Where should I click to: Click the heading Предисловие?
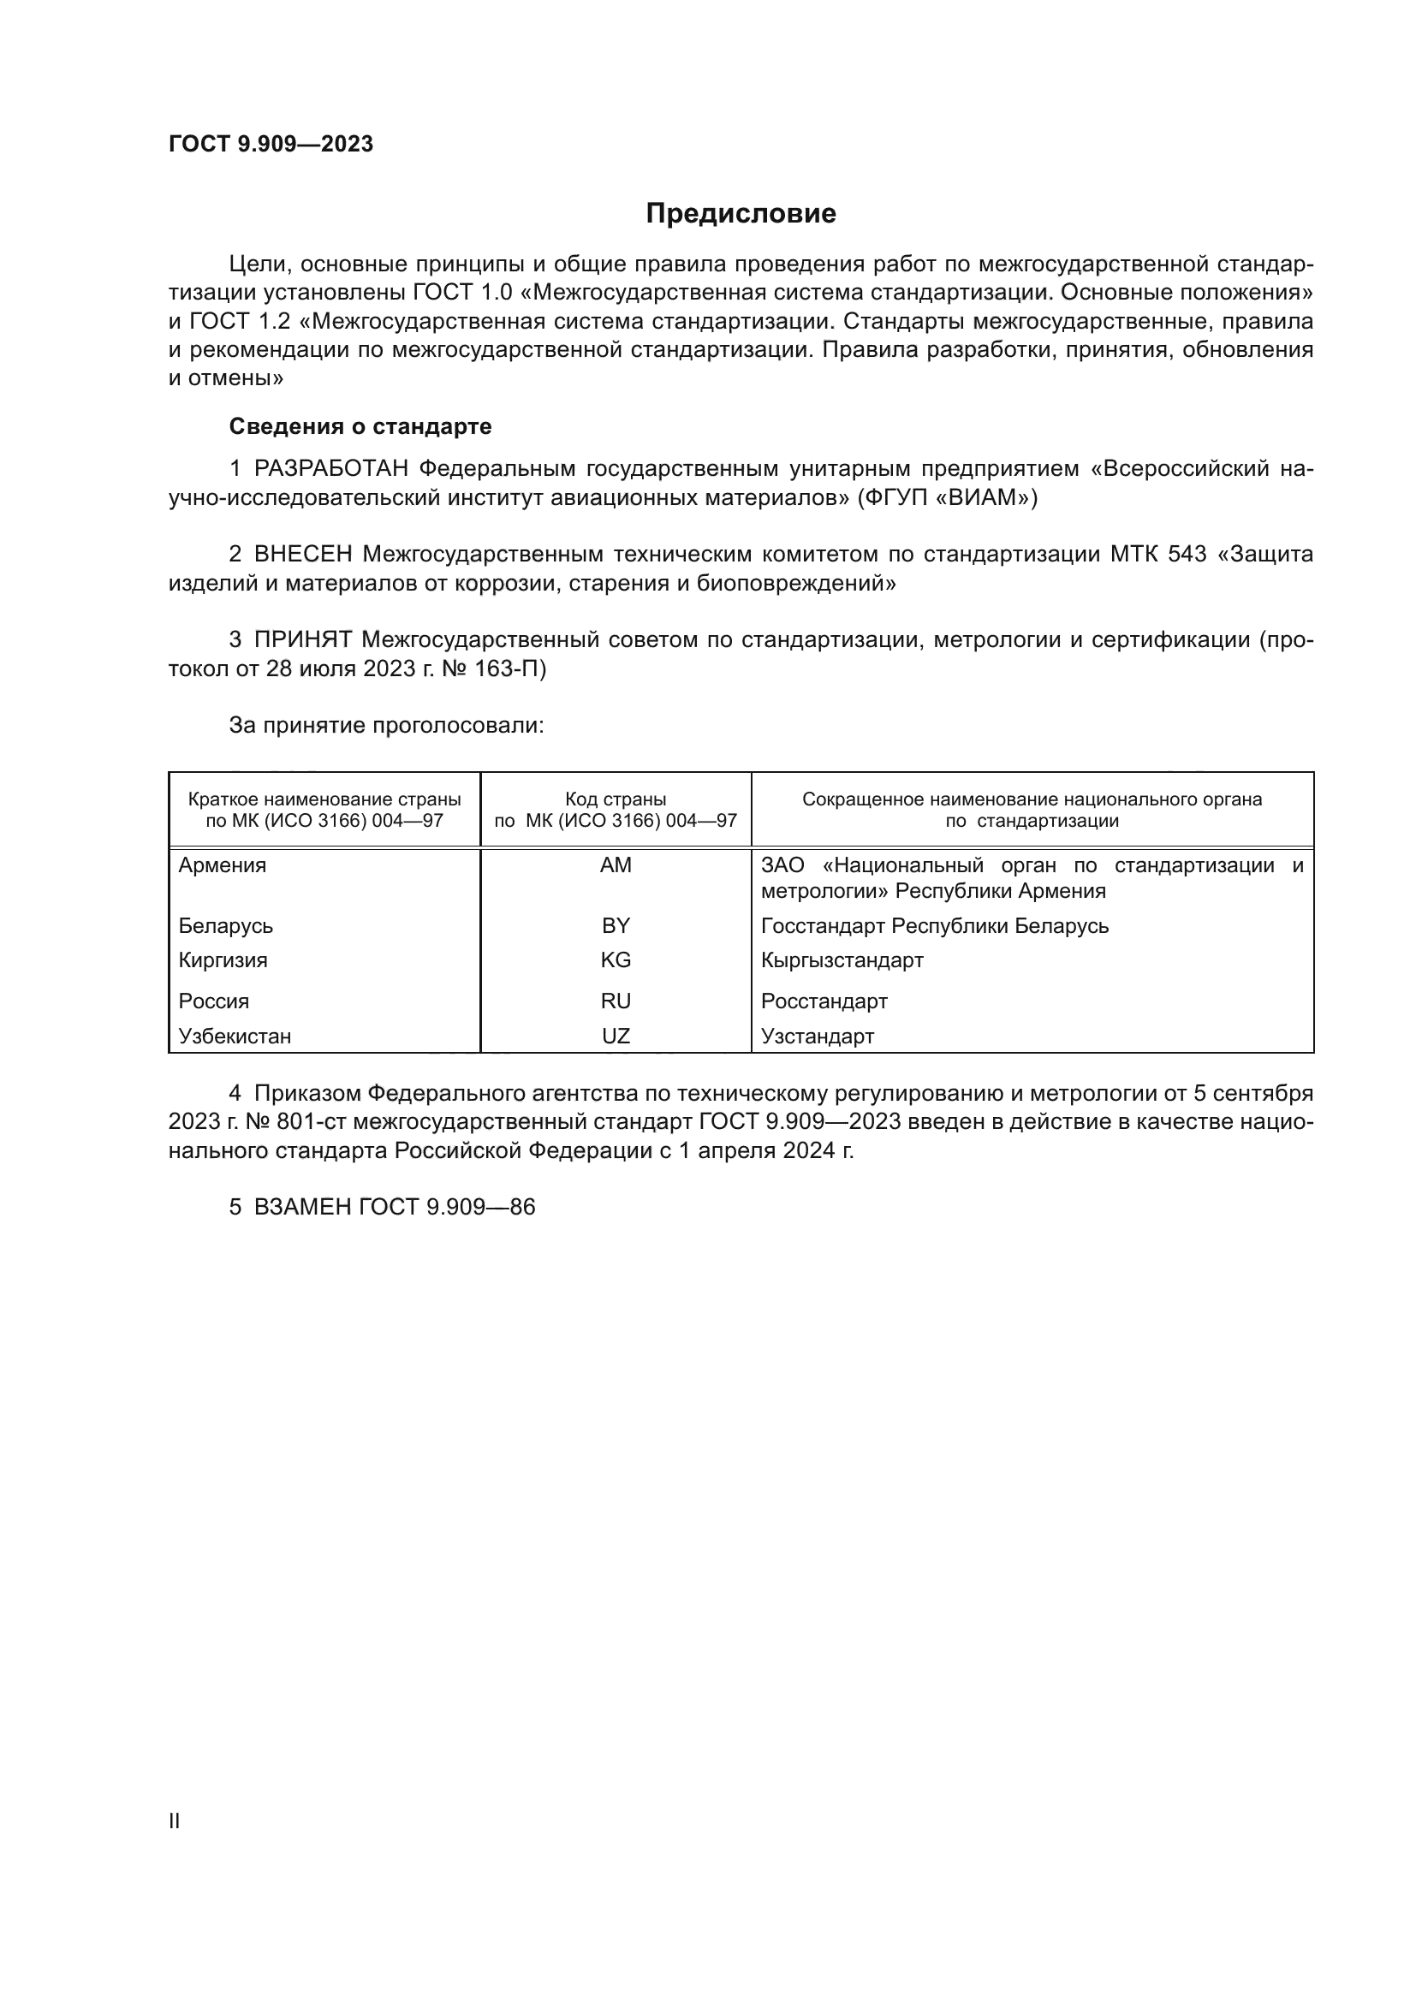741,213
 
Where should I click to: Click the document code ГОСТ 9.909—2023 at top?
271,144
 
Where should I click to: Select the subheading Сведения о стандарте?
360,426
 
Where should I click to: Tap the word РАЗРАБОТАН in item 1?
331,469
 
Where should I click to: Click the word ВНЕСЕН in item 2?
303,555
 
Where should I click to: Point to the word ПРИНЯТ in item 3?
302,640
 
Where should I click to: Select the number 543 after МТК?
1187,555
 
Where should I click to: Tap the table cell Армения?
223,865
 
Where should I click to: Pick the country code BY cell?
616,925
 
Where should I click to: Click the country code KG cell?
616,960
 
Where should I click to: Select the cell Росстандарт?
824,1001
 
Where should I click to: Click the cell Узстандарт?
817,1036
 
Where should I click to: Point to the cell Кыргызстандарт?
842,960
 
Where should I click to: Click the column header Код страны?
616,799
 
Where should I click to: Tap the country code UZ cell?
616,1036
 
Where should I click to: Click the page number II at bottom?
175,1821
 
